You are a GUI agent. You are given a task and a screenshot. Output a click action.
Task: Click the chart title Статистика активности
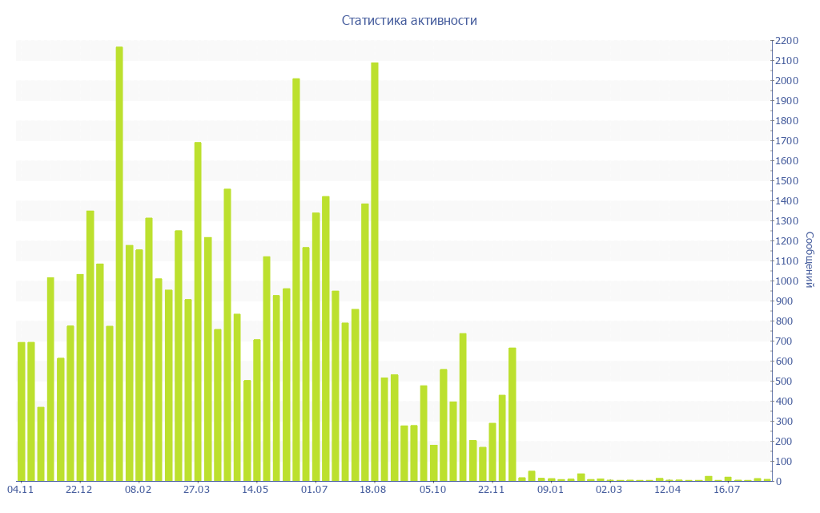click(409, 21)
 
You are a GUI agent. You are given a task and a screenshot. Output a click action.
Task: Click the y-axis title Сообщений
click(810, 260)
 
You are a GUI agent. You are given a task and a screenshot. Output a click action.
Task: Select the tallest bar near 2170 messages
click(119, 264)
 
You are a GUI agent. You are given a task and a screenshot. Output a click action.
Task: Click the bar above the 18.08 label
click(375, 272)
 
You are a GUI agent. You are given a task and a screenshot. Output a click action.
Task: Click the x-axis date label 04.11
click(20, 490)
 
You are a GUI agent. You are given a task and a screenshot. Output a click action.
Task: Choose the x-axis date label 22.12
click(79, 490)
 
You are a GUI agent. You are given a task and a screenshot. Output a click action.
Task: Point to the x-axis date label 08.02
click(139, 490)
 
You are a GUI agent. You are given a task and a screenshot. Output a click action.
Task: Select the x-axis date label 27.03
click(197, 490)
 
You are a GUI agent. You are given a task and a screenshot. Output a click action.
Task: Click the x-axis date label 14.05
click(256, 490)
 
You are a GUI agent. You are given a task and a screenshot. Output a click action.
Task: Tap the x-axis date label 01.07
click(316, 490)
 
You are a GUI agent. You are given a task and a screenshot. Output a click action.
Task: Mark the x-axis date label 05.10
click(433, 490)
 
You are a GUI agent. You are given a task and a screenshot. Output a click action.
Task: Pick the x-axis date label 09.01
click(551, 490)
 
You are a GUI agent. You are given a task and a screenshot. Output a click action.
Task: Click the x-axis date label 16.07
click(728, 490)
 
